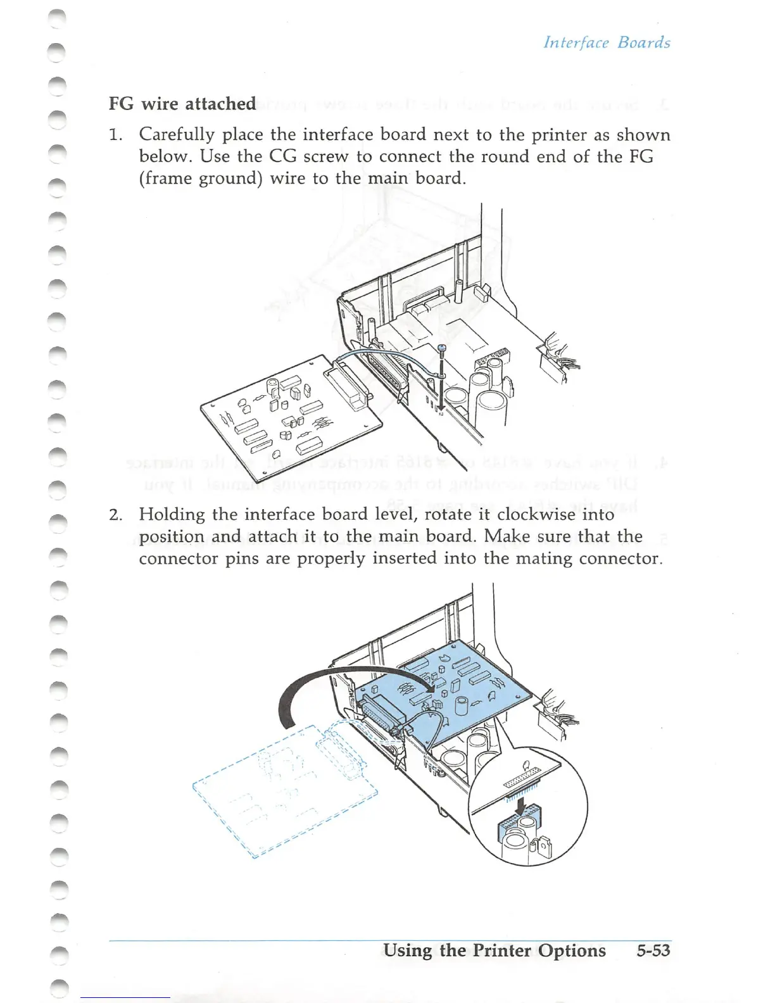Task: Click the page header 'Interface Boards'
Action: [x=607, y=42]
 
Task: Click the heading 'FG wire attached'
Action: [x=182, y=103]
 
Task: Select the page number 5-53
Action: [x=653, y=950]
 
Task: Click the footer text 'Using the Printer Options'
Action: [x=495, y=950]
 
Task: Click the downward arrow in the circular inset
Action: [x=520, y=805]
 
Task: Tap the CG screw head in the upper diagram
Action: [x=442, y=348]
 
